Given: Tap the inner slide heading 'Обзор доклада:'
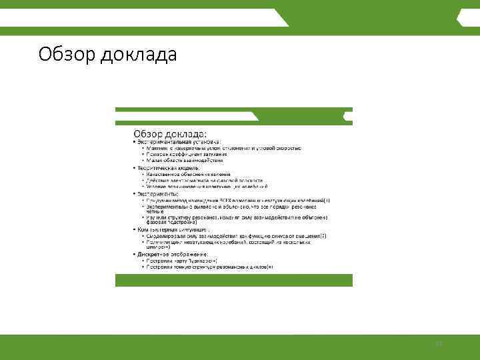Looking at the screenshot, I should point(171,134).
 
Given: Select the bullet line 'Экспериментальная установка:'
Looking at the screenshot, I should point(177,142).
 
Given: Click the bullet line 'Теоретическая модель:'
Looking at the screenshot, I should point(166,168).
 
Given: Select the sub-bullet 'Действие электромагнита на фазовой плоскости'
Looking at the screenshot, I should point(206,180).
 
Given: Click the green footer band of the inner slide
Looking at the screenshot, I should point(233,279).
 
